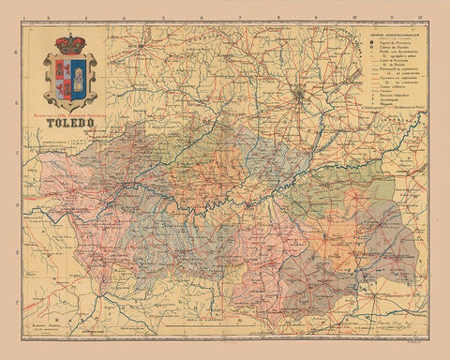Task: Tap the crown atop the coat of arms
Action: click(70, 43)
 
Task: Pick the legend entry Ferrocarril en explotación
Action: click(390, 90)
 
